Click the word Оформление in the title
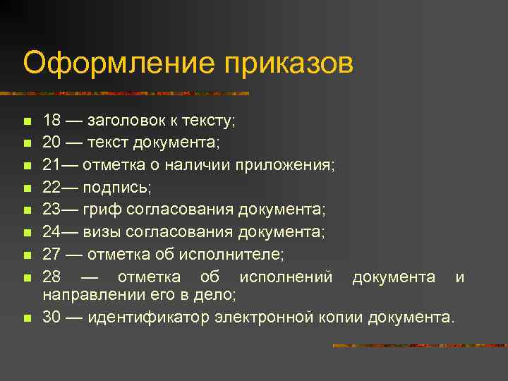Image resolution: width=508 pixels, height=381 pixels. (x=119, y=63)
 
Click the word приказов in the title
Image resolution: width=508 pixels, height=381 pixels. (x=289, y=63)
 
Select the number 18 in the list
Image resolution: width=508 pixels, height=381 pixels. (x=52, y=121)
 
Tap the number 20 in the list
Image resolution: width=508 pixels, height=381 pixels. (x=52, y=143)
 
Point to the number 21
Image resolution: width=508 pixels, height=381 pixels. (x=52, y=165)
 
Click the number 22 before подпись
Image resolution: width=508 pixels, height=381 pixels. (x=52, y=187)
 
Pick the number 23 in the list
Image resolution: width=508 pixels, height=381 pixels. (x=52, y=210)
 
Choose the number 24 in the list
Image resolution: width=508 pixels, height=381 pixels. (x=52, y=231)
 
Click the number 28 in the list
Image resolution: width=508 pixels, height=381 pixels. (x=52, y=277)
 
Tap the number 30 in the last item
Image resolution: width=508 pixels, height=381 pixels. (x=52, y=317)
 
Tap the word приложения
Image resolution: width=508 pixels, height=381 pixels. (x=294, y=165)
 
